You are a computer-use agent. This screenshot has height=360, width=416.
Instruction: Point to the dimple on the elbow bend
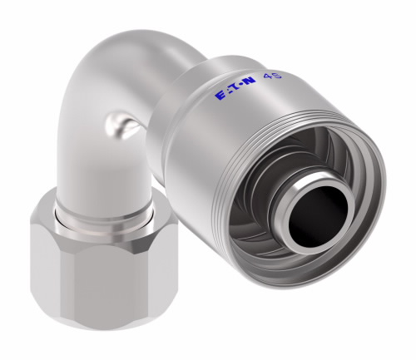click(x=119, y=126)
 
